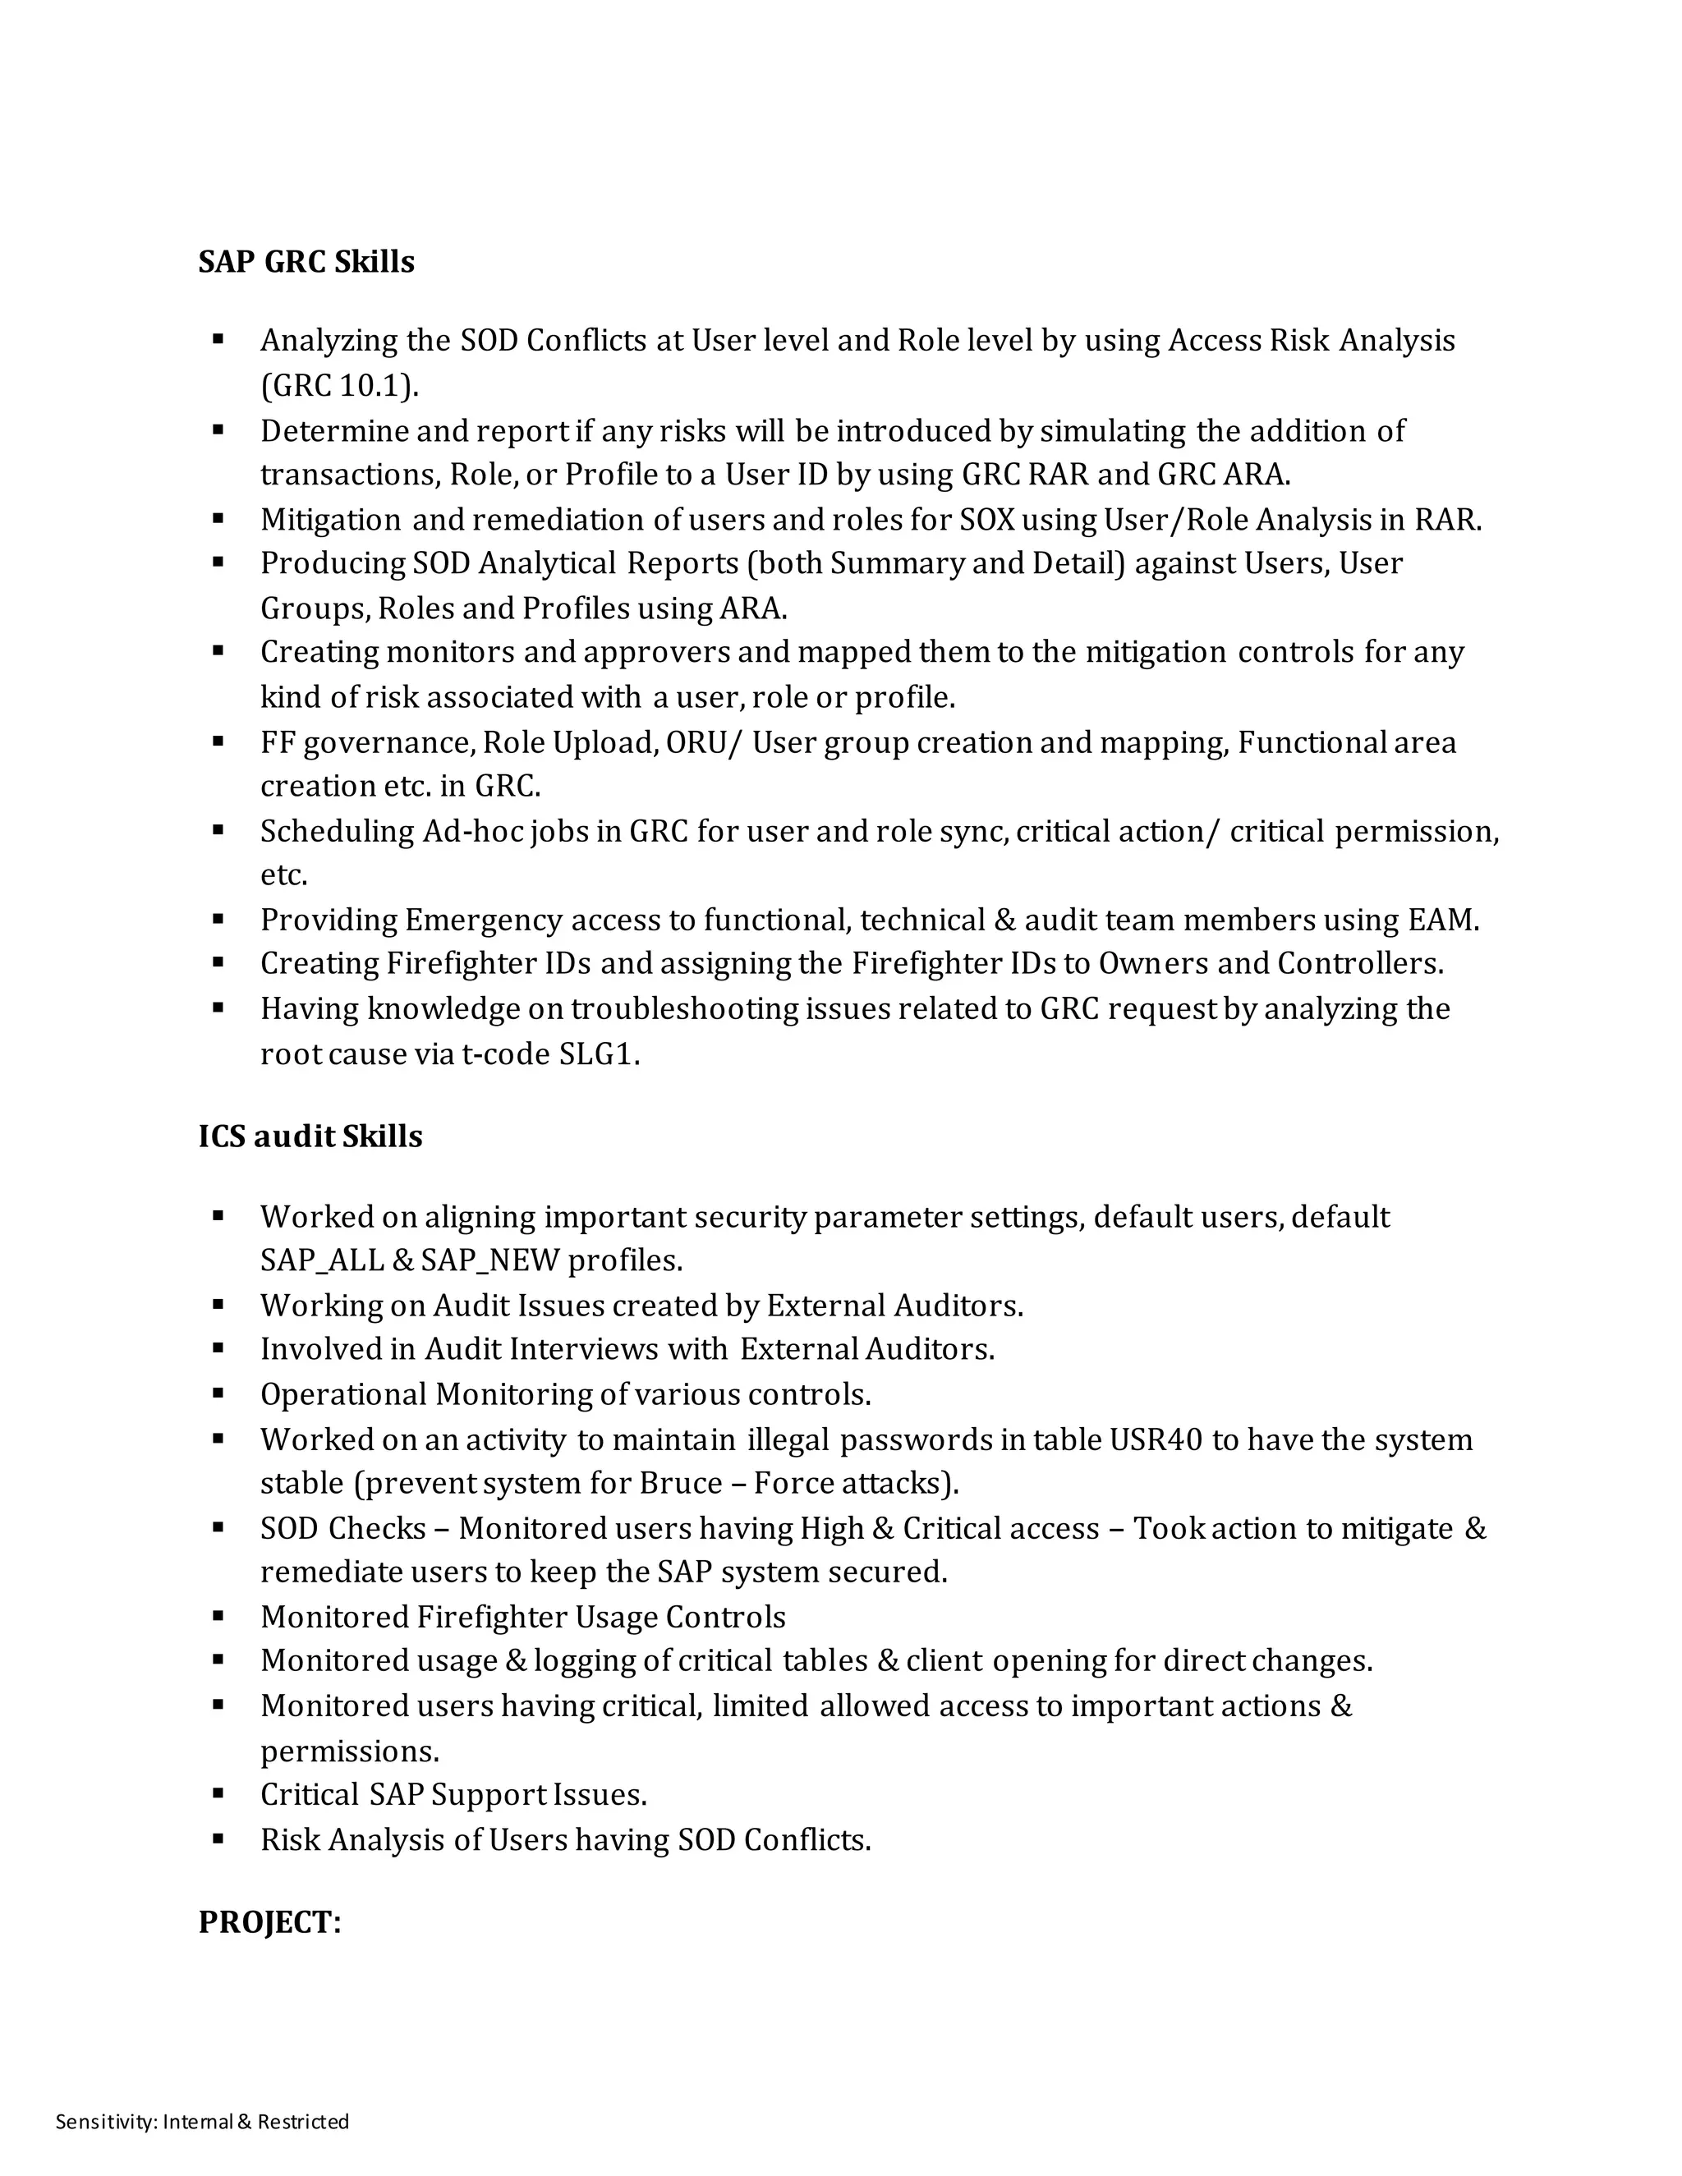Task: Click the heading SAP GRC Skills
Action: coord(306,262)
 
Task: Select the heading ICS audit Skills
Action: coord(310,1136)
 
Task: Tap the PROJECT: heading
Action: coord(269,1922)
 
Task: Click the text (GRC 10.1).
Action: coord(340,386)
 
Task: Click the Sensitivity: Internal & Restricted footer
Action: coord(202,2120)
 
